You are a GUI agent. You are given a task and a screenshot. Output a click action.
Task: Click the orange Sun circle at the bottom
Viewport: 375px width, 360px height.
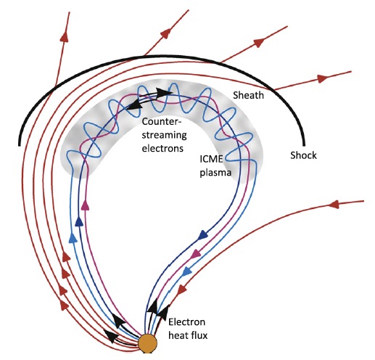147,343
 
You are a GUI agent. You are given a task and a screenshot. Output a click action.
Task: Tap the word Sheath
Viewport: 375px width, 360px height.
248,95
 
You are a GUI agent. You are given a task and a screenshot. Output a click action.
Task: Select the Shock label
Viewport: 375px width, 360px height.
303,155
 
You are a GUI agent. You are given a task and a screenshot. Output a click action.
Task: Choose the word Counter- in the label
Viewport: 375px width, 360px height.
162,121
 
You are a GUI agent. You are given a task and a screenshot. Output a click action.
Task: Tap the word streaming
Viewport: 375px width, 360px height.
164,136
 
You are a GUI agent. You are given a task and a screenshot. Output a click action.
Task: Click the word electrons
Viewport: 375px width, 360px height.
162,148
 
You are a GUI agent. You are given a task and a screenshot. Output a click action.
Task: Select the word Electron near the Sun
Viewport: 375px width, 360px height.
186,322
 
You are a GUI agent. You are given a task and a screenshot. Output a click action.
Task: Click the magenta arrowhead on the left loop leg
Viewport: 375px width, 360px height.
85,205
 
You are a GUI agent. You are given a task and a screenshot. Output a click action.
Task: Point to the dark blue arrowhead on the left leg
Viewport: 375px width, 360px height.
79,221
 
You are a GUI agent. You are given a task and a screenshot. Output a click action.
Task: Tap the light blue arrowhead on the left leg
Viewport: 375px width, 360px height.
73,237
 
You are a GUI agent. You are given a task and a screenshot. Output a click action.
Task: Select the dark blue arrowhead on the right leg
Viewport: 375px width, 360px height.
203,234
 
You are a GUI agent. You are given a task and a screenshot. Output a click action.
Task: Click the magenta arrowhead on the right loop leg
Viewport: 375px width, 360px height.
196,253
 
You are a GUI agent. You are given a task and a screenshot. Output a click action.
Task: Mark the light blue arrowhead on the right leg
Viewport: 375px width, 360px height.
187,272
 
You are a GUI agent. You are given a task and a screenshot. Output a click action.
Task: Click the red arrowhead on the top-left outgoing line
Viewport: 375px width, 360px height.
65,37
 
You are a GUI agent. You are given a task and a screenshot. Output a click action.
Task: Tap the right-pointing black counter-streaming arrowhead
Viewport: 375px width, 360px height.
164,92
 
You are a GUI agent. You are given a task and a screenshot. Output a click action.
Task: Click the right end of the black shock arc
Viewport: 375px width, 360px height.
304,145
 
